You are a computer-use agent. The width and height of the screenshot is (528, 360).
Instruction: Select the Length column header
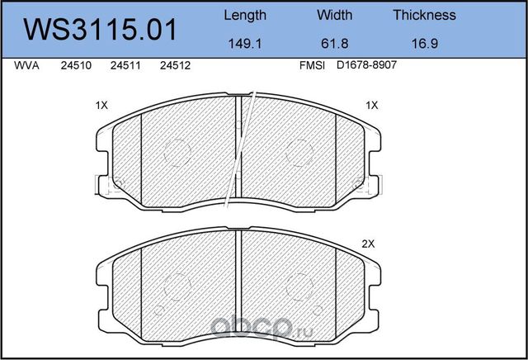[x=246, y=15]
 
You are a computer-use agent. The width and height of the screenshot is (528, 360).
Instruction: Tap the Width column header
[x=335, y=15]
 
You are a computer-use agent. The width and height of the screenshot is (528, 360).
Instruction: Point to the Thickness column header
[x=424, y=15]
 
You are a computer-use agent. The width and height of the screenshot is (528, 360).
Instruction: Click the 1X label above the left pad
[x=102, y=106]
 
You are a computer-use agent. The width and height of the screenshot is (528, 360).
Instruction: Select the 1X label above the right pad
[x=371, y=106]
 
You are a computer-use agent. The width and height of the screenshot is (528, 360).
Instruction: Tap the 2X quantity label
[x=369, y=244]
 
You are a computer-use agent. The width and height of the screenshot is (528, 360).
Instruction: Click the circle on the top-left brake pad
[x=176, y=151]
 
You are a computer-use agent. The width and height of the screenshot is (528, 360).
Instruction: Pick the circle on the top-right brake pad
[x=300, y=151]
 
